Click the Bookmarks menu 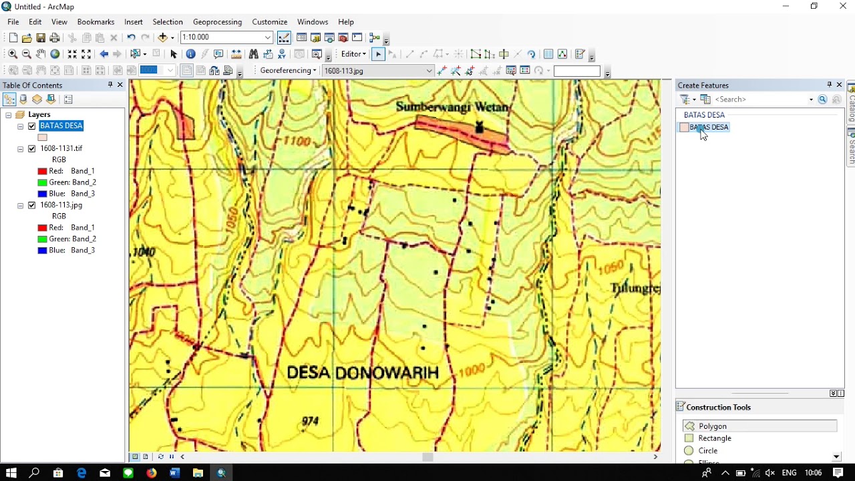[x=96, y=22]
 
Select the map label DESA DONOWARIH [x=363, y=373]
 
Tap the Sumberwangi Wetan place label [x=452, y=107]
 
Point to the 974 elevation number [x=310, y=421]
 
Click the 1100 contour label [x=297, y=141]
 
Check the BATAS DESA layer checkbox [x=31, y=126]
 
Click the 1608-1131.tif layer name [x=61, y=148]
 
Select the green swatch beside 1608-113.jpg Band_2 [x=42, y=239]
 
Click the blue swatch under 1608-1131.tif [x=42, y=194]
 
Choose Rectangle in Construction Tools [x=714, y=438]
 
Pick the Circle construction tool [x=707, y=451]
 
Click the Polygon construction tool [x=712, y=426]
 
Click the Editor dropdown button [x=353, y=54]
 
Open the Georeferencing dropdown [x=288, y=70]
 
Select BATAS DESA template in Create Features [x=708, y=128]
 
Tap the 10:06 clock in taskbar [x=813, y=473]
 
